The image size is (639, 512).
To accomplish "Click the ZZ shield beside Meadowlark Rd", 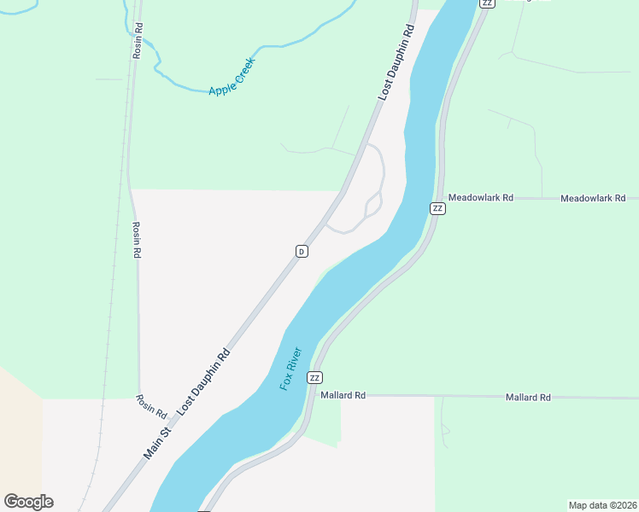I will pyautogui.click(x=437, y=208).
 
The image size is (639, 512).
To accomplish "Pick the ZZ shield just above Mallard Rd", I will pyautogui.click(x=314, y=377).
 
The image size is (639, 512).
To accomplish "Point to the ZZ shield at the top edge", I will pyautogui.click(x=487, y=3).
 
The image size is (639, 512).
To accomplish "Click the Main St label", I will pyautogui.click(x=158, y=443).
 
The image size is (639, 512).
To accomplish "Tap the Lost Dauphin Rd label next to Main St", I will pyautogui.click(x=204, y=381).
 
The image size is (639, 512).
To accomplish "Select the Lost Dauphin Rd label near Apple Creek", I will pyautogui.click(x=396, y=62).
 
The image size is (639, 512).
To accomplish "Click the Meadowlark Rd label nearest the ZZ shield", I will pyautogui.click(x=480, y=197).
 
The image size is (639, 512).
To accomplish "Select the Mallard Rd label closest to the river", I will pyautogui.click(x=343, y=395).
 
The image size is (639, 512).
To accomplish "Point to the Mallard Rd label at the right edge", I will pyautogui.click(x=527, y=397).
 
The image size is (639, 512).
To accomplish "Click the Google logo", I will pyautogui.click(x=28, y=502).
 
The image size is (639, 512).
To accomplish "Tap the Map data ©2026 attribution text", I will pyautogui.click(x=601, y=505).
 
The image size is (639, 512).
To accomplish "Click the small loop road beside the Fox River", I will pyautogui.click(x=372, y=205).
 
